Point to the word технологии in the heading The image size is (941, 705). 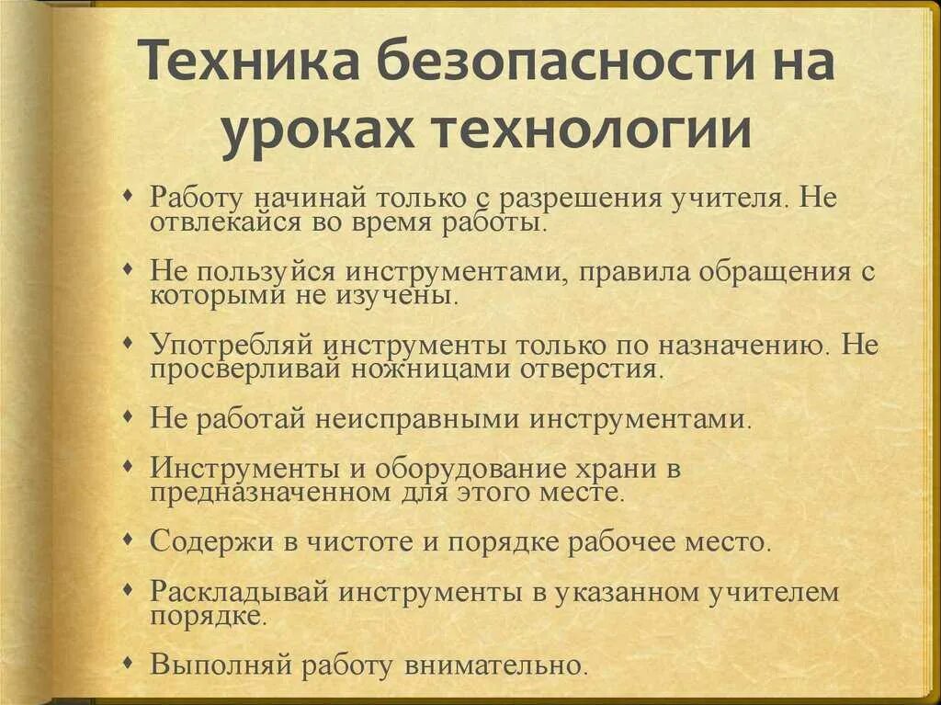tap(593, 131)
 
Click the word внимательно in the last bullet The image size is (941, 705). tap(493, 664)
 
